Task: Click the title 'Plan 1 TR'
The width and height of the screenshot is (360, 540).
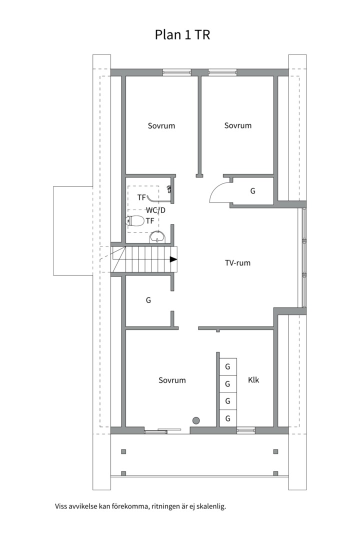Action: point(182,35)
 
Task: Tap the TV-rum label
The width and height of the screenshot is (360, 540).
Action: point(237,263)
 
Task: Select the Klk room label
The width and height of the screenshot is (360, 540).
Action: point(253,380)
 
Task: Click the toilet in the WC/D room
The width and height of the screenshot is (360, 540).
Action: point(135,221)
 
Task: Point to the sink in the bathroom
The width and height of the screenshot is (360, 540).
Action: point(157,237)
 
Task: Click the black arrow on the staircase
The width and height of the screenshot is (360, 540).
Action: point(173,259)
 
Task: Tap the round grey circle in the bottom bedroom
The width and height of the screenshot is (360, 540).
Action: point(196,420)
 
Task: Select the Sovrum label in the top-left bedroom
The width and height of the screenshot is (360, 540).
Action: point(161,125)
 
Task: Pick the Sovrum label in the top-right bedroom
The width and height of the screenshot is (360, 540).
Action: point(237,125)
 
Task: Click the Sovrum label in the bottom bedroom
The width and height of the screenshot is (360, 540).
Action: point(172,380)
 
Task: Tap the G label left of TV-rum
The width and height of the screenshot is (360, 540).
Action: point(148,300)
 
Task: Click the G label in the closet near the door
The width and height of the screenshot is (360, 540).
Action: point(252,191)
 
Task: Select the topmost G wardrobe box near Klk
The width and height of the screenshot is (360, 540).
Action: point(227,367)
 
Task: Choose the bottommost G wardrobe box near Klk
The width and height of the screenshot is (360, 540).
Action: point(227,418)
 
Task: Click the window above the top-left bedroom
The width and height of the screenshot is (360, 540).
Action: point(176,72)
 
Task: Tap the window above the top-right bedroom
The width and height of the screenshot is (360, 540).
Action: point(222,72)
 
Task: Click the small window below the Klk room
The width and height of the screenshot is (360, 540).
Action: point(245,430)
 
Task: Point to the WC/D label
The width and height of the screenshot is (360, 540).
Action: point(155,210)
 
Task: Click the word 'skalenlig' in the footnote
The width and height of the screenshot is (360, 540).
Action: point(212,506)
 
